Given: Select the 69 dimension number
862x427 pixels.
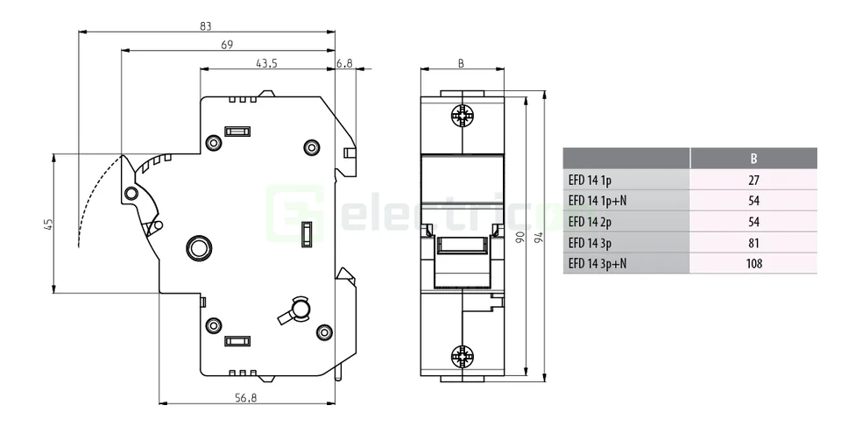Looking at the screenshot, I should (x=226, y=45).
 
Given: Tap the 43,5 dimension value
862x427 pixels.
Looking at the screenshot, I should (x=267, y=63).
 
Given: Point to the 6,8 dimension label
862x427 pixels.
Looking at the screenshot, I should (x=344, y=63).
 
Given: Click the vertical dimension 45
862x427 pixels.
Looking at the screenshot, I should (x=48, y=224).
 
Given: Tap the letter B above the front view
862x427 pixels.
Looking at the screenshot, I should (x=462, y=63).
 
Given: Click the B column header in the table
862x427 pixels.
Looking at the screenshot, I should (x=753, y=159).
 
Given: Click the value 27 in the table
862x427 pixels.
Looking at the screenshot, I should (x=753, y=181).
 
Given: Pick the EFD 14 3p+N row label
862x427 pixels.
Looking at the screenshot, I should (x=597, y=264).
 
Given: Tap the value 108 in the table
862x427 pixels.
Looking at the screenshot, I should (x=753, y=264).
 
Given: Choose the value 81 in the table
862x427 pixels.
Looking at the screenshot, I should (x=753, y=243).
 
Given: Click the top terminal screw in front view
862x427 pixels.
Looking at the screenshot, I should (x=462, y=116).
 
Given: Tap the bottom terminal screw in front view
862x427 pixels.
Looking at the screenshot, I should (x=462, y=356).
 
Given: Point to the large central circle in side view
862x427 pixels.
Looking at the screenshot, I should (x=199, y=247).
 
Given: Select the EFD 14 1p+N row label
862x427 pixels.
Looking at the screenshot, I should (x=597, y=201).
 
